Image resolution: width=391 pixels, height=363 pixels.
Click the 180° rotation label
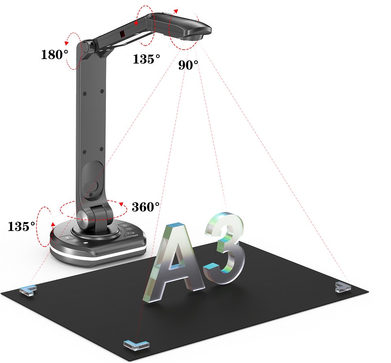coord(54,54)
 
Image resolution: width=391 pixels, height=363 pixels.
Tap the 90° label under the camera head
coord(188,65)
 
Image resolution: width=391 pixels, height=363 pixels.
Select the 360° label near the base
coord(145,207)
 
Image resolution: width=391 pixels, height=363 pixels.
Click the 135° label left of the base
coord(22,226)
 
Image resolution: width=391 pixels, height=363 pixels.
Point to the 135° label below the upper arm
coord(146,59)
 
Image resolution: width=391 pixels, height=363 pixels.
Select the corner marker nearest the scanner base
coord(28,290)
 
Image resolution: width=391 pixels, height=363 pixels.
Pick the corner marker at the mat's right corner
coord(343,287)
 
